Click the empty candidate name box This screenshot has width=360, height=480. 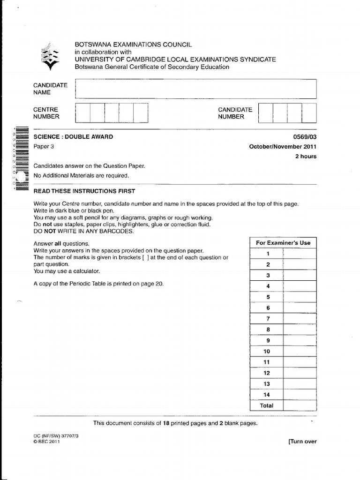click(x=195, y=89)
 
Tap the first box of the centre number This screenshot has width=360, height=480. click(x=82, y=113)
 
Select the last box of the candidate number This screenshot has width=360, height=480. click(x=309, y=113)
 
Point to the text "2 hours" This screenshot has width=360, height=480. click(x=306, y=157)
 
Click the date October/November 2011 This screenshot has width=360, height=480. click(x=283, y=146)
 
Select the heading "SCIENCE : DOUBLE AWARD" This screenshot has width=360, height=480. click(x=73, y=137)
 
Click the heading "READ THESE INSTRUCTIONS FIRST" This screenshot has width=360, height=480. click(x=84, y=191)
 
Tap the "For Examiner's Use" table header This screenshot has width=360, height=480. click(x=283, y=243)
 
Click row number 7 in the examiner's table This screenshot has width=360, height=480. click(x=268, y=319)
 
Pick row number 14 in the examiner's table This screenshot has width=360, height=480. click(x=267, y=395)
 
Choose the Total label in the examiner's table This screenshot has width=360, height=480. click(x=267, y=406)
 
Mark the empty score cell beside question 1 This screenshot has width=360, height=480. click(x=299, y=254)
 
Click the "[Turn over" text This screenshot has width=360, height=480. click(x=302, y=442)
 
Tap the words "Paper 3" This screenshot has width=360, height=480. click(x=44, y=146)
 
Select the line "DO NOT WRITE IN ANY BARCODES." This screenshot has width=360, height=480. click(x=84, y=231)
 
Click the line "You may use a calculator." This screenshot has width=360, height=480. click(x=67, y=271)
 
